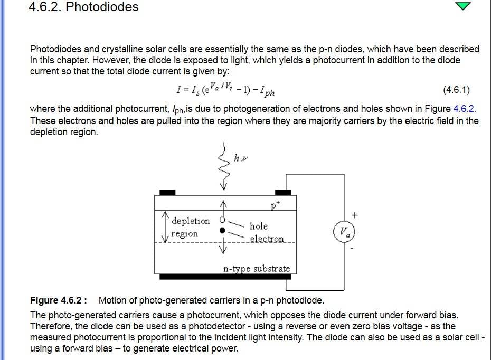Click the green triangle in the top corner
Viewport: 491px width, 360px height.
pos(463,6)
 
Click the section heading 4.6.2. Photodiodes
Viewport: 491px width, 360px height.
pos(83,7)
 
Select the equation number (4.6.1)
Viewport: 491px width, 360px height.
pos(456,90)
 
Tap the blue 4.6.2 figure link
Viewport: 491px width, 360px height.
pos(464,109)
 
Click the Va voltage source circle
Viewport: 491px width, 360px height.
pos(344,232)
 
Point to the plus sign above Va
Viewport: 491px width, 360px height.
pos(354,215)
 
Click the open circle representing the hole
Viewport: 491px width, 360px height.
pos(222,220)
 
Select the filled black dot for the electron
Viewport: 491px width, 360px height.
pos(222,230)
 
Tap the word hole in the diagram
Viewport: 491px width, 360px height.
pos(258,226)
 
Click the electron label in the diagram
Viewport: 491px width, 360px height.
pos(267,239)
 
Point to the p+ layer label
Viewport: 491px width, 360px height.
pos(275,206)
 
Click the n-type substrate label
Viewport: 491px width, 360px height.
pos(257,269)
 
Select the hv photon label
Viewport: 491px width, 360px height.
pos(241,158)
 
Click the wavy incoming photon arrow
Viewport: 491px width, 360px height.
pos(223,166)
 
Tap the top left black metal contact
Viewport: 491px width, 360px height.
pos(167,193)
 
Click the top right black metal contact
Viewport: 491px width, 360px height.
pos(283,193)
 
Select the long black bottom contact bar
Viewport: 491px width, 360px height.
pos(225,277)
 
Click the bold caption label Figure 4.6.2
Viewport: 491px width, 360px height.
pos(59,300)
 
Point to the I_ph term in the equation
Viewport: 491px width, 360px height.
pos(267,91)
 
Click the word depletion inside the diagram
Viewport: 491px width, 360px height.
pos(191,221)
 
